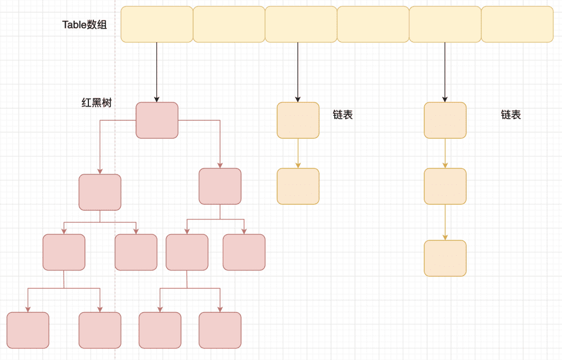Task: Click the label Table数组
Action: tap(85, 25)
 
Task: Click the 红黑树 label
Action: tap(96, 103)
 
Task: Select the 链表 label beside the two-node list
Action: tap(342, 115)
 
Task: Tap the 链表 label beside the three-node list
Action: tap(510, 115)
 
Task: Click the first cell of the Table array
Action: tap(157, 24)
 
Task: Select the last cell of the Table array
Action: tap(517, 24)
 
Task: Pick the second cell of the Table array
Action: tap(229, 24)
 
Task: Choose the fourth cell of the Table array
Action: tap(373, 24)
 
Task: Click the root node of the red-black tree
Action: tap(157, 120)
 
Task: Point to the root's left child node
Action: tap(100, 192)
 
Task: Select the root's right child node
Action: tap(220, 187)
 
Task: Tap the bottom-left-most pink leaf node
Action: tap(28, 330)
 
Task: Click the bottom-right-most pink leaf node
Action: tap(220, 330)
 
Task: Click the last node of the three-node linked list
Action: tap(445, 258)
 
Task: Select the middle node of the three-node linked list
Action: tap(445, 186)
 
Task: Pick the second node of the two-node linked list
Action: tap(298, 186)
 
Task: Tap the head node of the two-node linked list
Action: tap(298, 120)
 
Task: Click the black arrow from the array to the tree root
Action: tap(157, 71)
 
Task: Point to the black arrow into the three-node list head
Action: tap(445, 71)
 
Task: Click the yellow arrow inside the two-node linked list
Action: tap(298, 153)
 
